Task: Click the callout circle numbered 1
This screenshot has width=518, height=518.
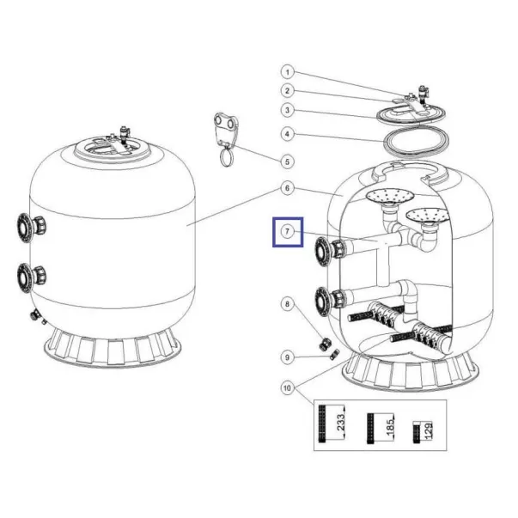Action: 288,72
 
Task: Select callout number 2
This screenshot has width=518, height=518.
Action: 288,91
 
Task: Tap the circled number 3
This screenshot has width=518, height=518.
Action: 288,110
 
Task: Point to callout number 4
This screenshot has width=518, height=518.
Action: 288,134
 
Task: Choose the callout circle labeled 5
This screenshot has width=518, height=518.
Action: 288,161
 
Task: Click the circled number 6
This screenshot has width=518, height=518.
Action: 288,188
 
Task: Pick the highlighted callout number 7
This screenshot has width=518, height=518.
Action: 288,232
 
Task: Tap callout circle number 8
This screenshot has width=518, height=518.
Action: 288,304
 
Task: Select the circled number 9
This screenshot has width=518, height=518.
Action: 288,357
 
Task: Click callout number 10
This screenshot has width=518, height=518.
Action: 288,387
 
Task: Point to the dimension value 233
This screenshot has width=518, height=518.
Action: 340,422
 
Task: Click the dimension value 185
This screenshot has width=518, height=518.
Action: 390,427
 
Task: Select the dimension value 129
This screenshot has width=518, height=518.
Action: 428,431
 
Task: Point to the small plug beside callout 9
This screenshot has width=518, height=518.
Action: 334,355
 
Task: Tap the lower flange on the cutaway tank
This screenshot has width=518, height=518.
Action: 329,302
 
